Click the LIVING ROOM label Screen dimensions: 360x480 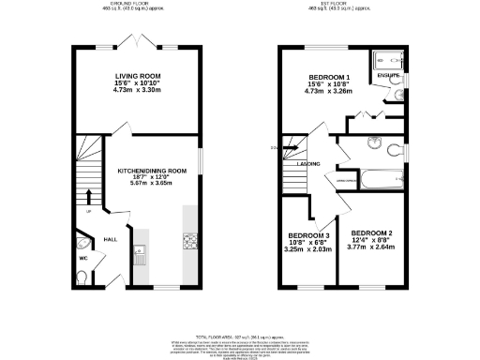(134, 74)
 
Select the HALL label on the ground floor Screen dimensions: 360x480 (110, 239)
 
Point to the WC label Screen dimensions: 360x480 (82, 257)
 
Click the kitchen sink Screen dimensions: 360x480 (139, 249)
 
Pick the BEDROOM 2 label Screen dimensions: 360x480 (370, 232)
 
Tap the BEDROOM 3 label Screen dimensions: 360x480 (308, 235)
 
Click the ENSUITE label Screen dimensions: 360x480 (387, 74)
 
